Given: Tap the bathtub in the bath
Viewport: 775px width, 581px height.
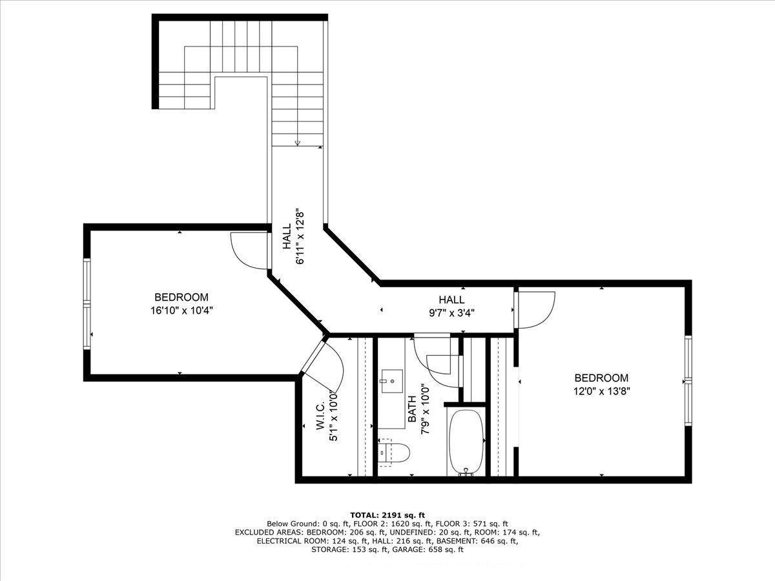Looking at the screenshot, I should (x=466, y=442).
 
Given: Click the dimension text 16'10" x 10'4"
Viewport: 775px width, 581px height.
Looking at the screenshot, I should (x=181, y=310).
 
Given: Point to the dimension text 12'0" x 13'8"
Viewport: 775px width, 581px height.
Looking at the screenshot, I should (x=601, y=391).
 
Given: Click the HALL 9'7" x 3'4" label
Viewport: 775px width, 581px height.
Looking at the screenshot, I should (x=451, y=305).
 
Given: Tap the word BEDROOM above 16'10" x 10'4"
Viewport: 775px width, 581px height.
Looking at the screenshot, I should (x=181, y=297).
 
